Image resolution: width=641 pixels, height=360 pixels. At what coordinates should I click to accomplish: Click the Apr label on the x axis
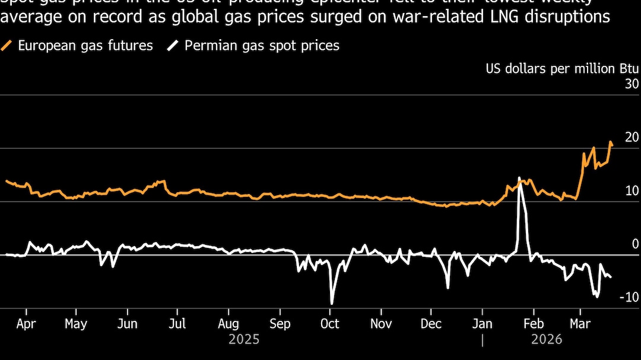pyautogui.click(x=26, y=324)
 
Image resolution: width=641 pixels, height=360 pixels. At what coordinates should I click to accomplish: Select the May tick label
pyautogui.click(x=76, y=324)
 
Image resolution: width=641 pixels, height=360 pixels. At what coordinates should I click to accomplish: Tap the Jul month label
pyautogui.click(x=177, y=324)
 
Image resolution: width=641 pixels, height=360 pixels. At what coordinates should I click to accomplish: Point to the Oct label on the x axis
pyautogui.click(x=329, y=324)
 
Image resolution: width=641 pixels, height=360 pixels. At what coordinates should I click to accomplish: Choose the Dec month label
pyautogui.click(x=431, y=324)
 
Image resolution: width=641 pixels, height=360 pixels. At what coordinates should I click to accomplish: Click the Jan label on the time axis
pyautogui.click(x=483, y=324)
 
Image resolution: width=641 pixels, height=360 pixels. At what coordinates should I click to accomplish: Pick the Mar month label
pyautogui.click(x=580, y=324)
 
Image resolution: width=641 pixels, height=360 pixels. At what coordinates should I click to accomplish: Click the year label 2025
pyautogui.click(x=244, y=340)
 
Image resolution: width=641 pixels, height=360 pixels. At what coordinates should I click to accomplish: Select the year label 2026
pyautogui.click(x=547, y=340)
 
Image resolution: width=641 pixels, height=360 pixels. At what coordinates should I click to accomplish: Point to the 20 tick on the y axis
pyautogui.click(x=632, y=138)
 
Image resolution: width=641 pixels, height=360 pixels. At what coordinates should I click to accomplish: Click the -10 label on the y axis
pyautogui.click(x=629, y=297)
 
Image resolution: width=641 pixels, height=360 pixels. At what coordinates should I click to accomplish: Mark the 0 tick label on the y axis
pyautogui.click(x=635, y=244)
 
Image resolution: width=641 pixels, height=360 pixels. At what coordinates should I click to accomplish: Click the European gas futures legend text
pyautogui.click(x=85, y=46)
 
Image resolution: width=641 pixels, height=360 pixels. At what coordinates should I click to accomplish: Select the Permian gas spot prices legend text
pyautogui.click(x=262, y=46)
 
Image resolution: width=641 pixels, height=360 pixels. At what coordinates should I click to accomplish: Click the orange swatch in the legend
pyautogui.click(x=7, y=46)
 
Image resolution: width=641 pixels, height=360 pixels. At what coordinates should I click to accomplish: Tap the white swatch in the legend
pyautogui.click(x=173, y=46)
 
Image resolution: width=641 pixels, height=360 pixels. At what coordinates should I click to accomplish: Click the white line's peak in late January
pyautogui.click(x=519, y=178)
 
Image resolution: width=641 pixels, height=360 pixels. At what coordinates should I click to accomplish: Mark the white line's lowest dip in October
pyautogui.click(x=331, y=304)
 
